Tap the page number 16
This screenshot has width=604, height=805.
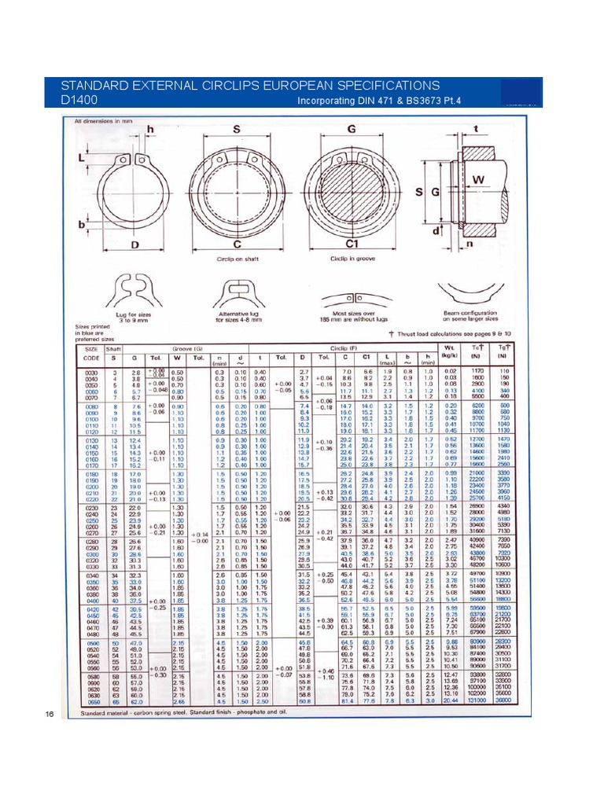click(x=49, y=714)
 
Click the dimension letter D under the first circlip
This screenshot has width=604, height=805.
click(x=134, y=244)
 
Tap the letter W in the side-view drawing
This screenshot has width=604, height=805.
click(x=477, y=179)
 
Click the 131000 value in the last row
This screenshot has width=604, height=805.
click(x=476, y=700)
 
